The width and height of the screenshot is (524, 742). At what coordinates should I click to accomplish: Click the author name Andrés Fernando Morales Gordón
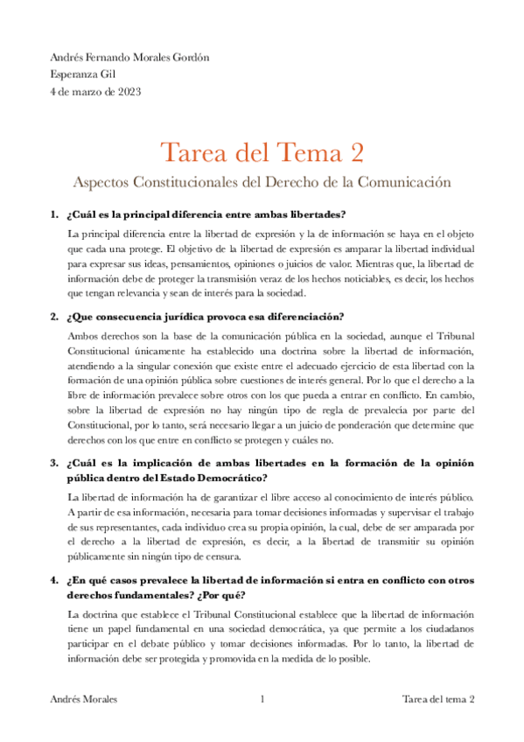pos(130,59)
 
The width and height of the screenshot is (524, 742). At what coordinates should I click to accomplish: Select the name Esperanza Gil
pos(84,74)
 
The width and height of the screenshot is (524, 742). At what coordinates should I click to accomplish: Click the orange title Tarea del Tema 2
pos(262,152)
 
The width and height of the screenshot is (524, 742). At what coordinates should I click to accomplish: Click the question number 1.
pos(54,215)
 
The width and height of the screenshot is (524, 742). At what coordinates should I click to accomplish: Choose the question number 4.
pos(54,579)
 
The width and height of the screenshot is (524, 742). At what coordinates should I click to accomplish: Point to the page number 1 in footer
pos(262,699)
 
